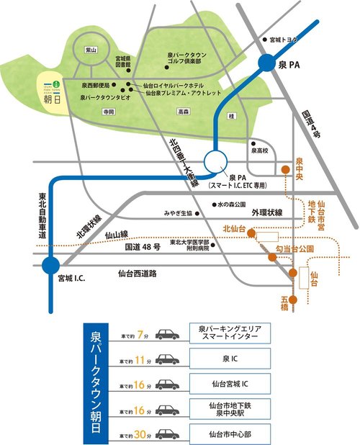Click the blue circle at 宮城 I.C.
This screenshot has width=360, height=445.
click(x=50, y=266)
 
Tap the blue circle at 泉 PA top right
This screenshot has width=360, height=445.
click(x=267, y=66)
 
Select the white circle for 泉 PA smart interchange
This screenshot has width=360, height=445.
click(x=216, y=162)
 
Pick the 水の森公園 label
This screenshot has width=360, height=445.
click(x=233, y=204)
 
